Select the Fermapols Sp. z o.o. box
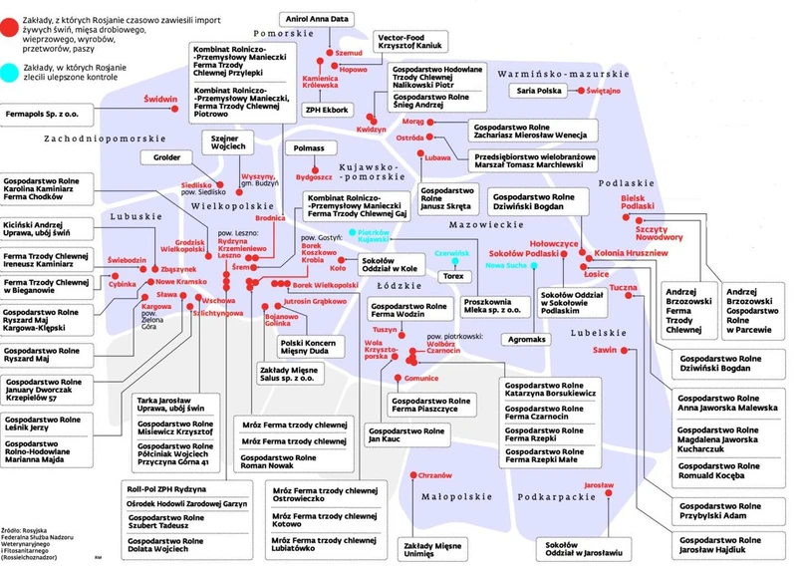45,116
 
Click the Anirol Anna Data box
325,19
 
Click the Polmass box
304,148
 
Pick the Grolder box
166,157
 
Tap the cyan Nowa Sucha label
508,266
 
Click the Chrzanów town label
436,475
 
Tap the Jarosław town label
598,484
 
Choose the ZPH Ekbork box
326,109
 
